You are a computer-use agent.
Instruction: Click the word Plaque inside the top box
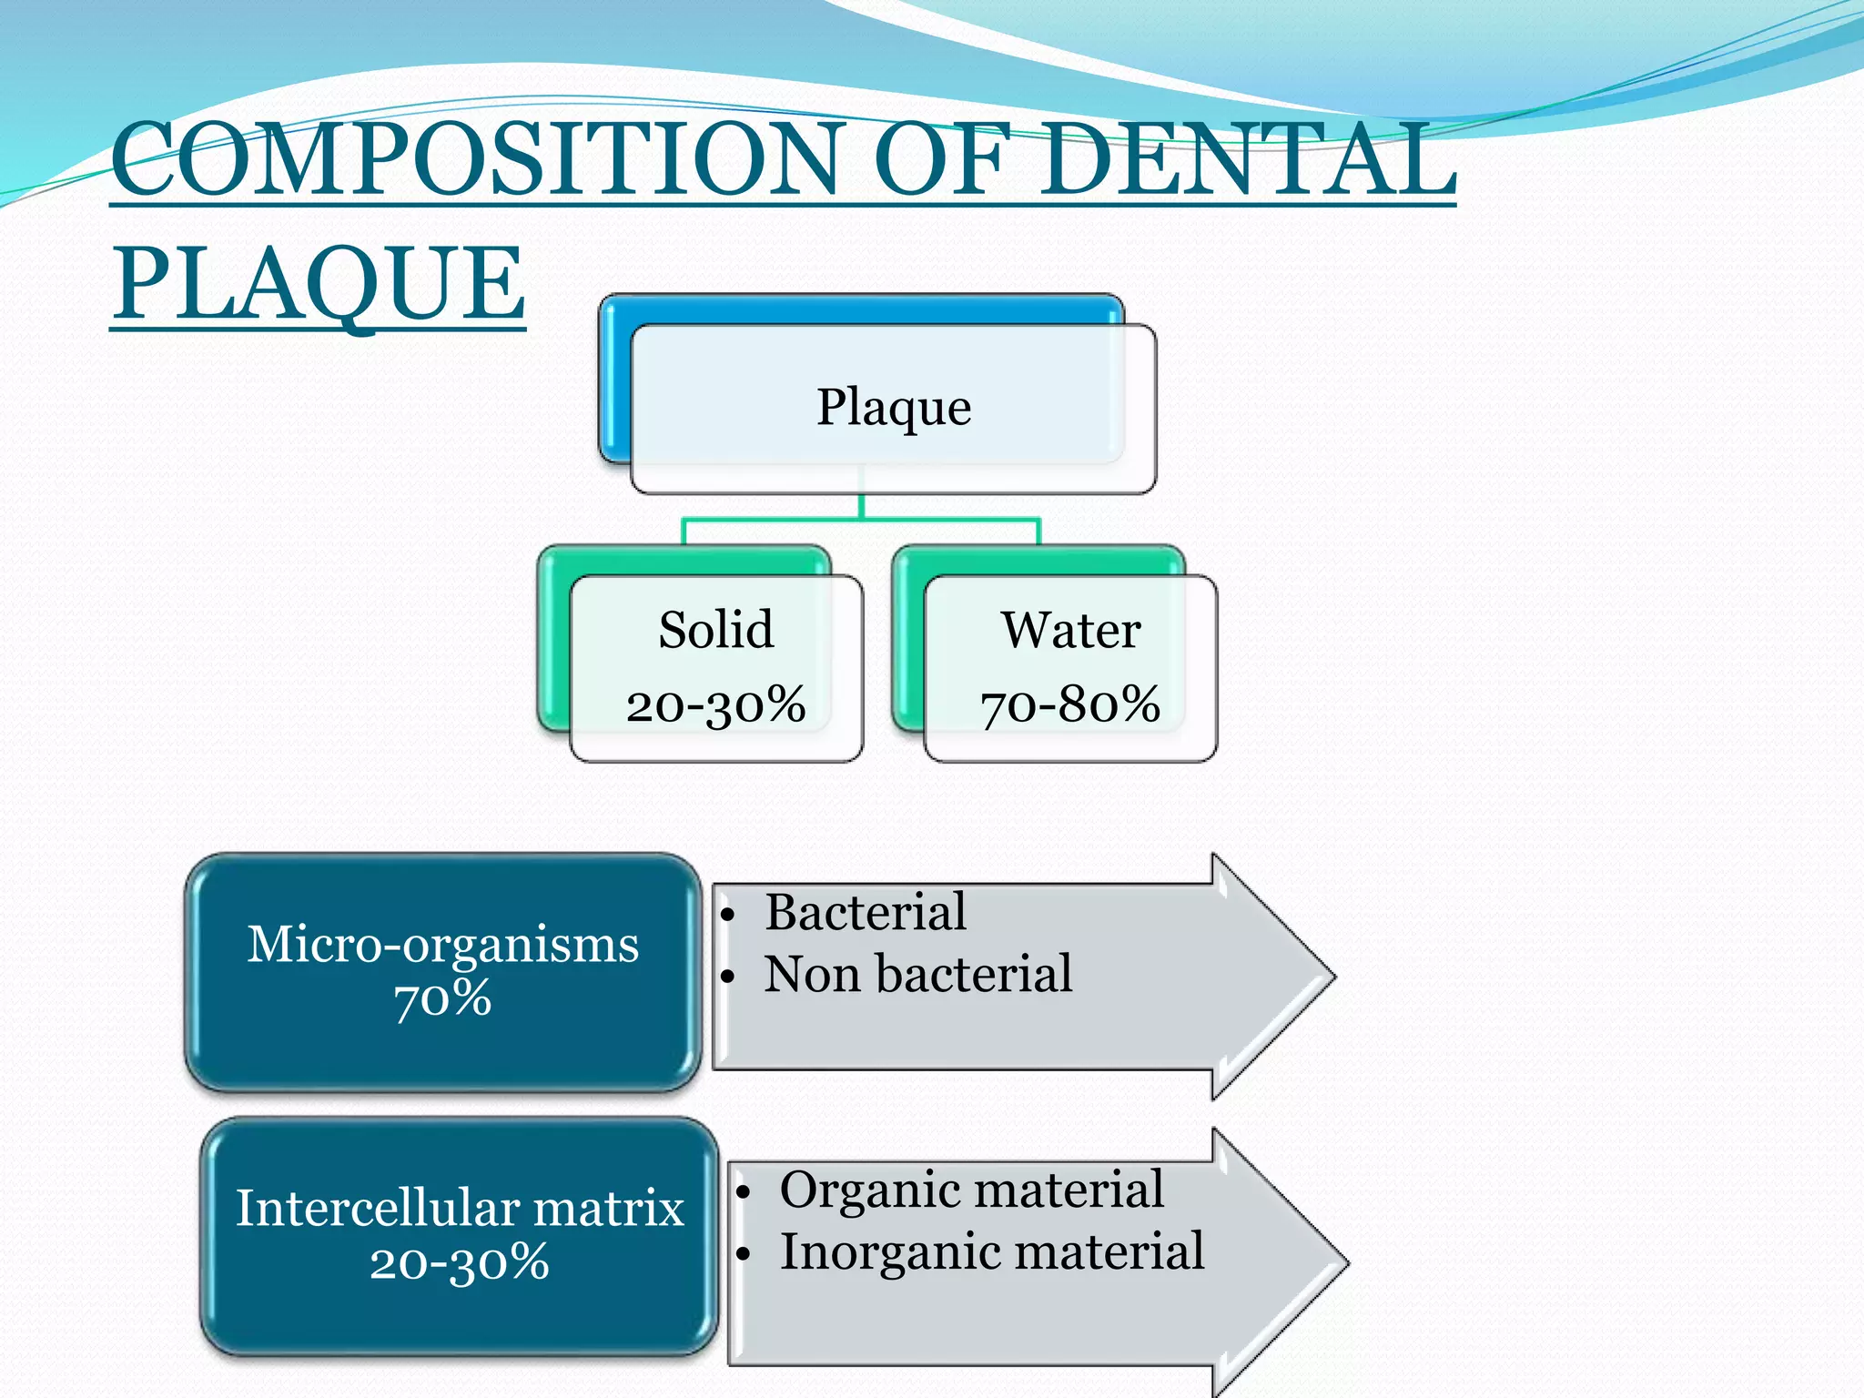pos(894,407)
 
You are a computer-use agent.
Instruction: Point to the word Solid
pos(716,630)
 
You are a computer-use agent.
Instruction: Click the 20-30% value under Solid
pos(716,704)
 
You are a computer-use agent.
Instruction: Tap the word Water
pos(1071,630)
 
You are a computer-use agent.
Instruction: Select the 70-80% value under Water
pos(1070,704)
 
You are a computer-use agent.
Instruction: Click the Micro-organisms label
pos(443,944)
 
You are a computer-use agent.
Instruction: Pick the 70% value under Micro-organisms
pos(443,999)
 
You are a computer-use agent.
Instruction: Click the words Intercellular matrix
pos(460,1208)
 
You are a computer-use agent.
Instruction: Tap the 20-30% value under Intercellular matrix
pos(460,1263)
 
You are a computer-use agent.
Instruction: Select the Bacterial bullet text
pos(866,912)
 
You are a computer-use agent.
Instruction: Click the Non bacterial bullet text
pos(918,974)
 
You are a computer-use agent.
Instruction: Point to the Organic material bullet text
pos(971,1189)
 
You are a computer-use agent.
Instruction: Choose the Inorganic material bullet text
pos(992,1251)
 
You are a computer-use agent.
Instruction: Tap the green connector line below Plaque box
pos(861,519)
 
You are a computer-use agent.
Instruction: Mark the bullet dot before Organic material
pos(744,1192)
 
